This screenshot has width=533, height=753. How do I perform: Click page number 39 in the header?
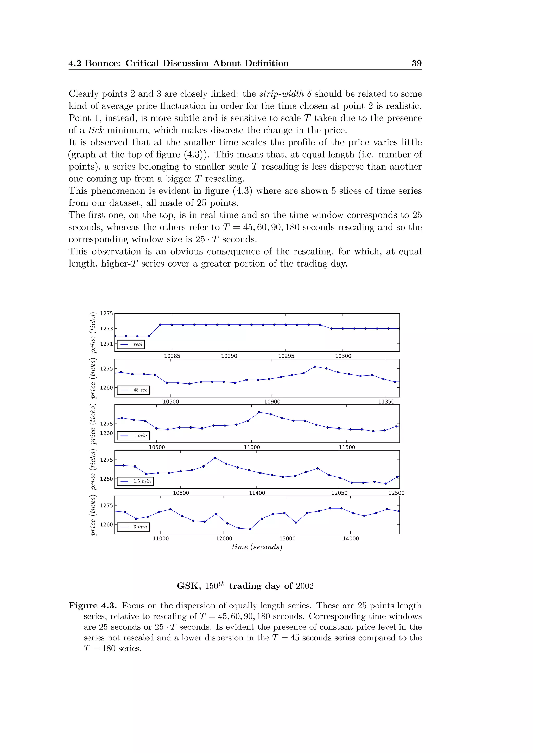tap(416, 63)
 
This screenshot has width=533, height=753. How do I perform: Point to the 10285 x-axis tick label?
tap(172, 356)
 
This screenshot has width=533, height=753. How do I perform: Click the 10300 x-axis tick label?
tap(343, 356)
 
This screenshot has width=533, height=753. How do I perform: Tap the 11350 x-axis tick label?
tap(386, 402)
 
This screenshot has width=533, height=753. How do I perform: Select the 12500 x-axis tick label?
tap(396, 493)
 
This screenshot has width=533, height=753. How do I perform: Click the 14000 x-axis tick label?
tap(351, 538)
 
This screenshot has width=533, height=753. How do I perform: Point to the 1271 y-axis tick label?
tap(106, 344)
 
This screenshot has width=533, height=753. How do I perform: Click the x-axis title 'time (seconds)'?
tap(257, 547)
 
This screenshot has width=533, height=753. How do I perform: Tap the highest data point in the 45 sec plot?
tap(315, 367)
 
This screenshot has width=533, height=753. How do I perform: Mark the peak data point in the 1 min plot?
tap(259, 412)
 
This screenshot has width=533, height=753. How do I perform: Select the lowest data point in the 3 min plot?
tap(250, 529)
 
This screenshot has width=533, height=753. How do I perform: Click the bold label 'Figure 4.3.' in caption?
tap(93, 606)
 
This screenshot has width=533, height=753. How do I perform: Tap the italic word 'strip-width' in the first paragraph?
tap(282, 94)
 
